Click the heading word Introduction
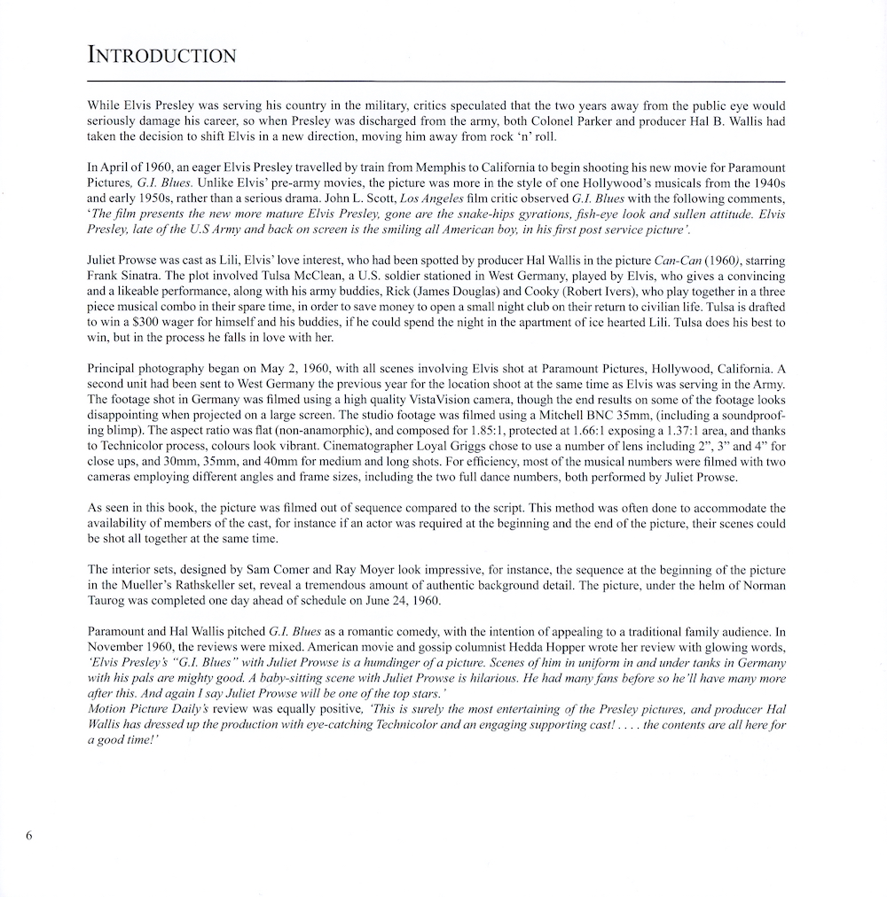click(162, 56)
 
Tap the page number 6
click(29, 835)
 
